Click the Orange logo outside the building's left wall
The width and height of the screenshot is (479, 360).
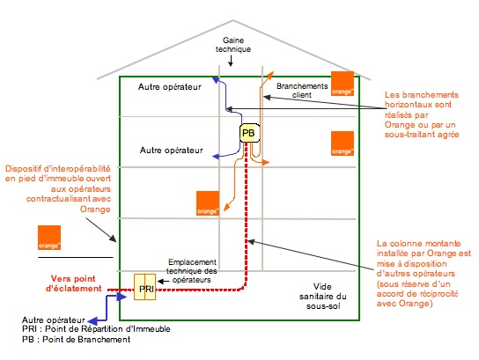pos(49,239)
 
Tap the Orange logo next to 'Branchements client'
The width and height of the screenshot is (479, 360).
pos(342,83)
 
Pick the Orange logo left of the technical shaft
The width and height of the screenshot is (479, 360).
pos(208,203)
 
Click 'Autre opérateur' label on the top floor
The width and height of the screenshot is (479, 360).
pos(170,88)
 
